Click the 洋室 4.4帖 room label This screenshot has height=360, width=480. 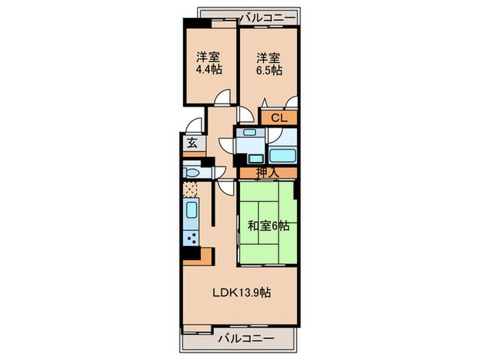[x=208, y=64]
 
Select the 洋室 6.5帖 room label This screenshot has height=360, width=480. [x=269, y=64]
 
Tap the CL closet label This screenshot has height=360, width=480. [x=279, y=118]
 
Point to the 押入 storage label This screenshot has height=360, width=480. [x=267, y=173]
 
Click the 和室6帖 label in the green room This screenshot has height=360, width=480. [x=268, y=226]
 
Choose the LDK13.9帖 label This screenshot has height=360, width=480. [x=241, y=293]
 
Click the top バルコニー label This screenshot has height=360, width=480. [x=268, y=18]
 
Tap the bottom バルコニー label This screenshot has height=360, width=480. [x=246, y=339]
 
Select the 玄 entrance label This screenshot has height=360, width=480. [x=192, y=143]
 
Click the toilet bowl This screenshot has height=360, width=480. [x=193, y=173]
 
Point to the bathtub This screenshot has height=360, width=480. [x=283, y=155]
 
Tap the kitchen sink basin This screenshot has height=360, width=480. [x=191, y=211]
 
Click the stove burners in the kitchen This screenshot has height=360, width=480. [x=191, y=238]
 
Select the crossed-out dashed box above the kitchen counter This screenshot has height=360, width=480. [x=191, y=189]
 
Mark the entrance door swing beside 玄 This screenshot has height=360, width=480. [x=194, y=125]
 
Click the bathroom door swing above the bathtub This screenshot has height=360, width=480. [x=276, y=135]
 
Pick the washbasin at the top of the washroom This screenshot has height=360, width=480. [x=250, y=132]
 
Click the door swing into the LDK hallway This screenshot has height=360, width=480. [x=226, y=187]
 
